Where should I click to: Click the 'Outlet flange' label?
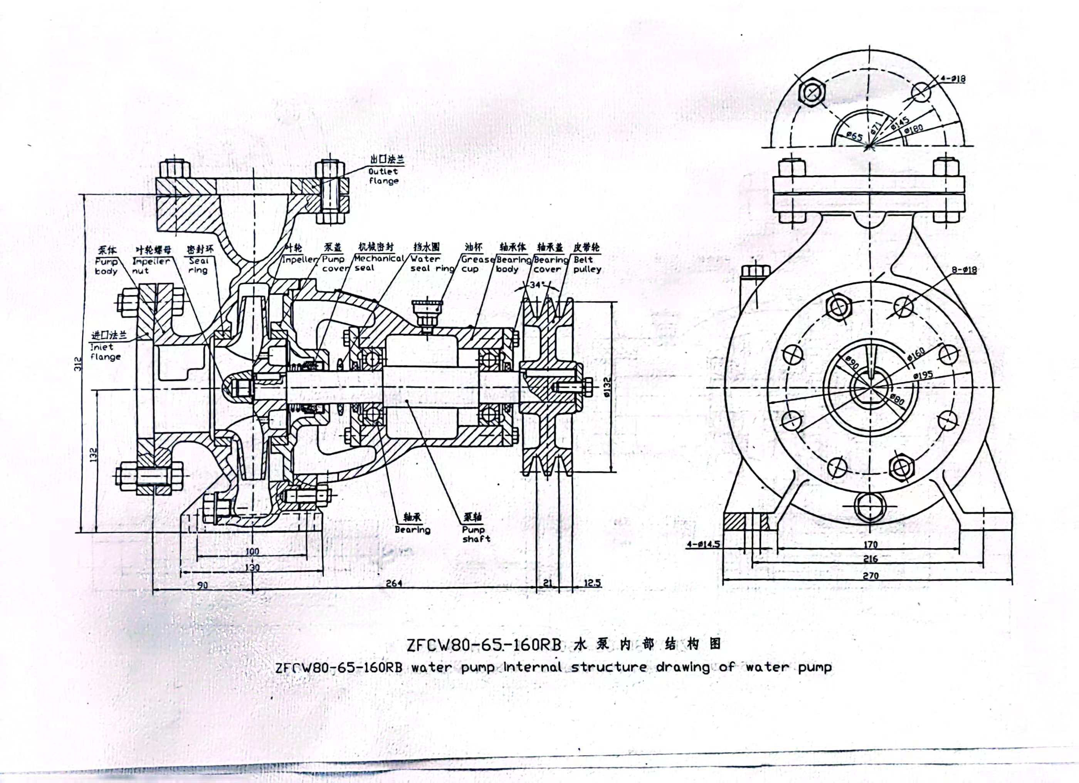[x=383, y=176]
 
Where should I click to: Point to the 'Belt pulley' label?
[x=587, y=264]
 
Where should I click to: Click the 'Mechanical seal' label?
[x=378, y=263]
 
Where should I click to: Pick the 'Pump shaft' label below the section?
[x=475, y=534]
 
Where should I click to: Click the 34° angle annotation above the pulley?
[x=536, y=285]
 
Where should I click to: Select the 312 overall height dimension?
[x=79, y=363]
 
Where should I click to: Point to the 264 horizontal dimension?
[x=394, y=583]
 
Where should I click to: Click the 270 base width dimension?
[x=870, y=575]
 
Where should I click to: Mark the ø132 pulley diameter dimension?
[x=607, y=387]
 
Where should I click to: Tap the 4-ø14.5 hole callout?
[x=703, y=544]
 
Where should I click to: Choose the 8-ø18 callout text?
[x=964, y=270]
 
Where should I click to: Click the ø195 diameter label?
[x=923, y=376]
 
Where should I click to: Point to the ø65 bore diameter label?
[x=854, y=137]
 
